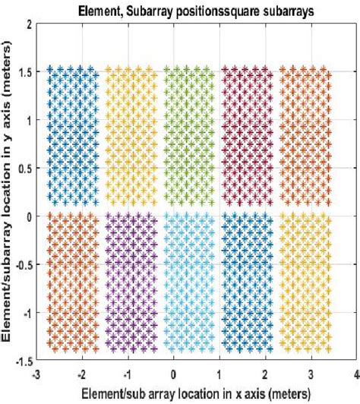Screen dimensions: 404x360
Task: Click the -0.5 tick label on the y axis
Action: point(22,264)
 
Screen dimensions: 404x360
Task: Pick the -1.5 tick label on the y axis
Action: point(22,361)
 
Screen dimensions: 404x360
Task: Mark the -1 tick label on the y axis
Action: point(26,313)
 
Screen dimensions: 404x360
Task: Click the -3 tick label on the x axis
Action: point(36,374)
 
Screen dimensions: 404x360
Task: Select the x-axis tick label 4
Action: point(356,374)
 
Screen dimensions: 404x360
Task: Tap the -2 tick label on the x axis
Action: point(81,374)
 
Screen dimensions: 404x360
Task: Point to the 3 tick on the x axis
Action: point(311,374)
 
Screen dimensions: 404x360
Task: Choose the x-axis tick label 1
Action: point(219,374)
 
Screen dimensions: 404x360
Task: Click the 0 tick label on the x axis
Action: point(174,374)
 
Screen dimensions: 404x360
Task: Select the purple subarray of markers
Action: point(131,281)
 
